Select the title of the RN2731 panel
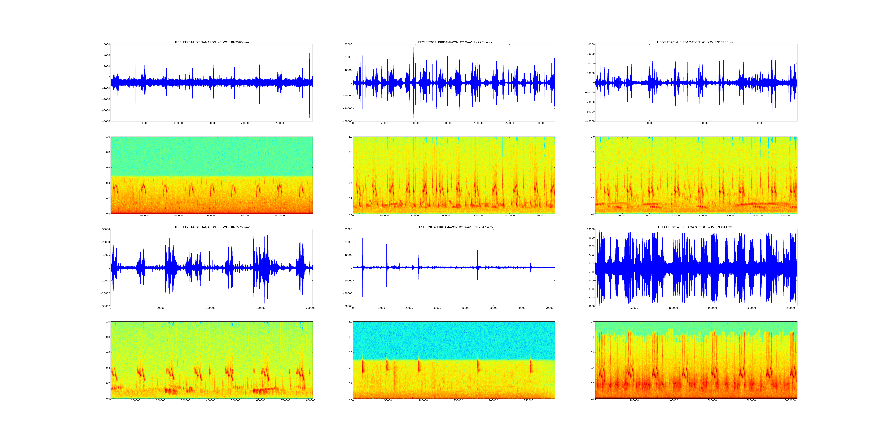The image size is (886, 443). click(x=454, y=42)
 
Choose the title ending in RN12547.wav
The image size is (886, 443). click(x=454, y=227)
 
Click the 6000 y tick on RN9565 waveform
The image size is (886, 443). click(x=107, y=44)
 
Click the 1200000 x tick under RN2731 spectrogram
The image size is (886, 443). click(x=541, y=216)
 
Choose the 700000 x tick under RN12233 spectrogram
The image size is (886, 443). click(x=785, y=216)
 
